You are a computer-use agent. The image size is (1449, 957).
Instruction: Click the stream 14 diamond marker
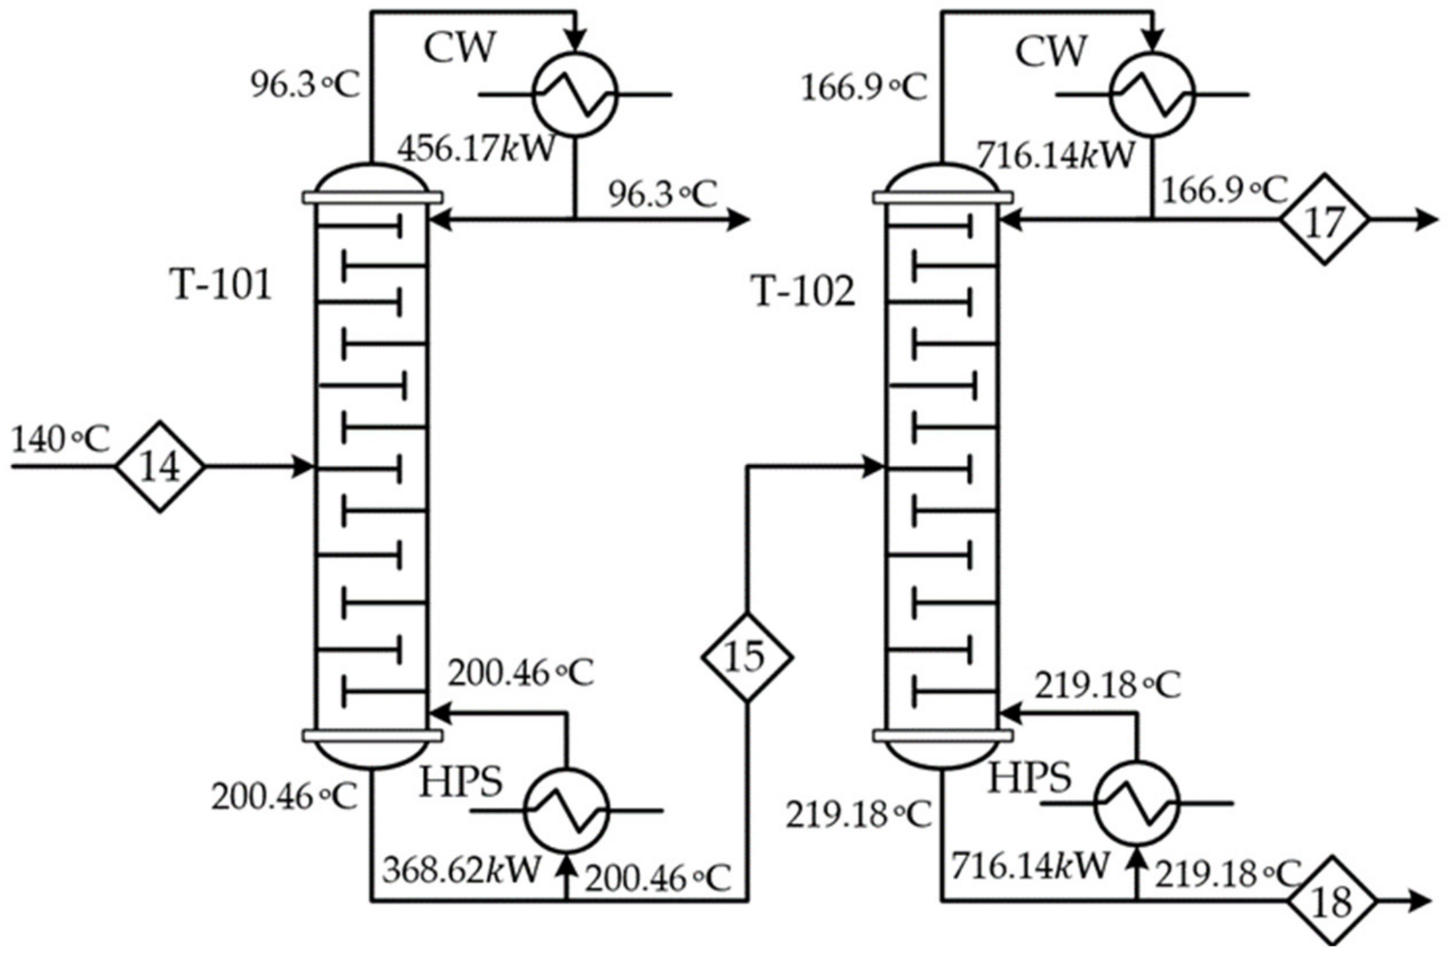point(160,467)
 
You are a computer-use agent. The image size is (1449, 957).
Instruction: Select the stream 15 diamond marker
point(746,657)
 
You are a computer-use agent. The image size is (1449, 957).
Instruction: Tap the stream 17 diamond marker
point(1324,219)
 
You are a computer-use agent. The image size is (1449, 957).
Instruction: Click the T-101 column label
point(222,283)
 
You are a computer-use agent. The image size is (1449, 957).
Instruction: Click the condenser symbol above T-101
point(575,94)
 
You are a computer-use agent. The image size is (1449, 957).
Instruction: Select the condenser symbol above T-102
point(1151,94)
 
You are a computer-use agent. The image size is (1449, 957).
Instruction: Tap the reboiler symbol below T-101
point(566,811)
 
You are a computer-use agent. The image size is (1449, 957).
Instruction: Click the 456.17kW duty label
point(476,149)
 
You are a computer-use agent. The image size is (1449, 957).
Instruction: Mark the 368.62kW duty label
point(462,870)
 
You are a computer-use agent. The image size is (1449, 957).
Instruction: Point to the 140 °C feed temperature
point(60,440)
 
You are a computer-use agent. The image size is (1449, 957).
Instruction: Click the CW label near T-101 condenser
point(460,48)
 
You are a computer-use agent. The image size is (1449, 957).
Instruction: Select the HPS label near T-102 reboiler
point(1030,778)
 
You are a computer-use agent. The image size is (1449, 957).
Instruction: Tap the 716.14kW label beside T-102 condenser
point(1055,155)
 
